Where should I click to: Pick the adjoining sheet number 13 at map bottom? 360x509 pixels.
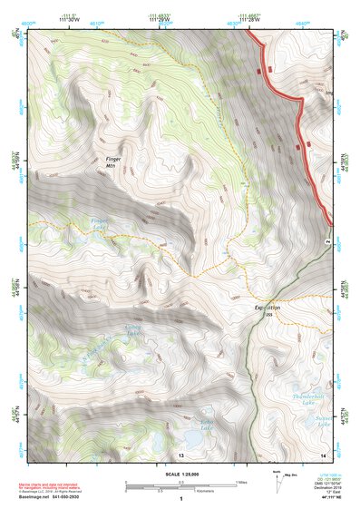point(180,453)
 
